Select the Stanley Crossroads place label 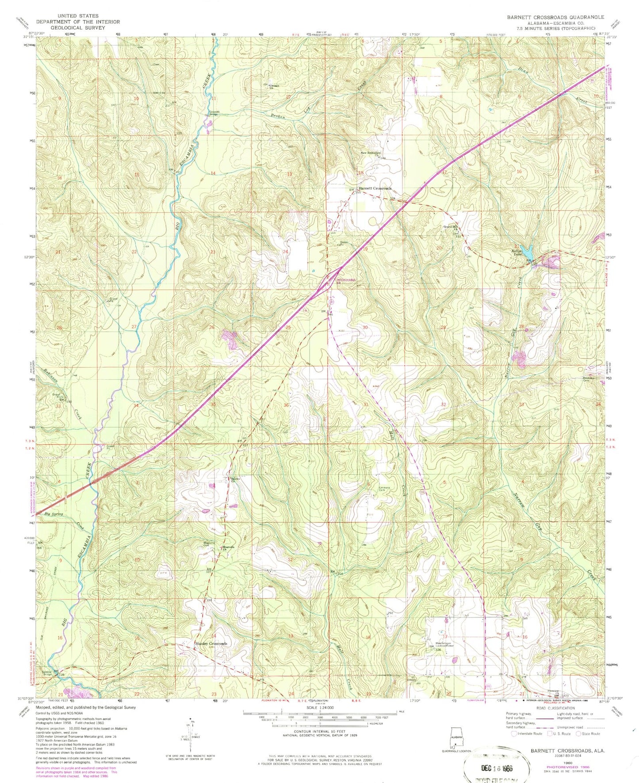point(211,644)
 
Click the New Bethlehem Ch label point(371,154)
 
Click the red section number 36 point(287,405)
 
